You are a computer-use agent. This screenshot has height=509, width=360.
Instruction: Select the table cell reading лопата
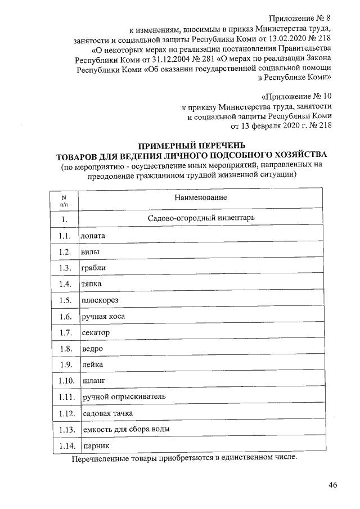[94, 236]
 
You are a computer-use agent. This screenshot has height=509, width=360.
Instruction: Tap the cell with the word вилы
[91, 252]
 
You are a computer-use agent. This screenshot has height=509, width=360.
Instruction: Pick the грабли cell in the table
[94, 268]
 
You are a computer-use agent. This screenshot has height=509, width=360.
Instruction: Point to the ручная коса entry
[103, 317]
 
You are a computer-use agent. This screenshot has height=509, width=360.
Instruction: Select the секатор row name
[96, 333]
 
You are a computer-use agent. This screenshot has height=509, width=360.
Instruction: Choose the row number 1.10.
[66, 381]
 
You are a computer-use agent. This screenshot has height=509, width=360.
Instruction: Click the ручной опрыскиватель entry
[124, 398]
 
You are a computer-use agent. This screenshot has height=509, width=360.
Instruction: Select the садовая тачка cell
[107, 414]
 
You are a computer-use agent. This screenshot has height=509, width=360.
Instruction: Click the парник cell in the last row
[95, 446]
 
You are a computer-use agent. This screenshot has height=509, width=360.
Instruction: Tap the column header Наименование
[200, 198]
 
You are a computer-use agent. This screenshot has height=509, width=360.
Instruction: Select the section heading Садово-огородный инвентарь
[201, 219]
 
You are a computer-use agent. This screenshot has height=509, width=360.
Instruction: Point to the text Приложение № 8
[302, 20]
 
